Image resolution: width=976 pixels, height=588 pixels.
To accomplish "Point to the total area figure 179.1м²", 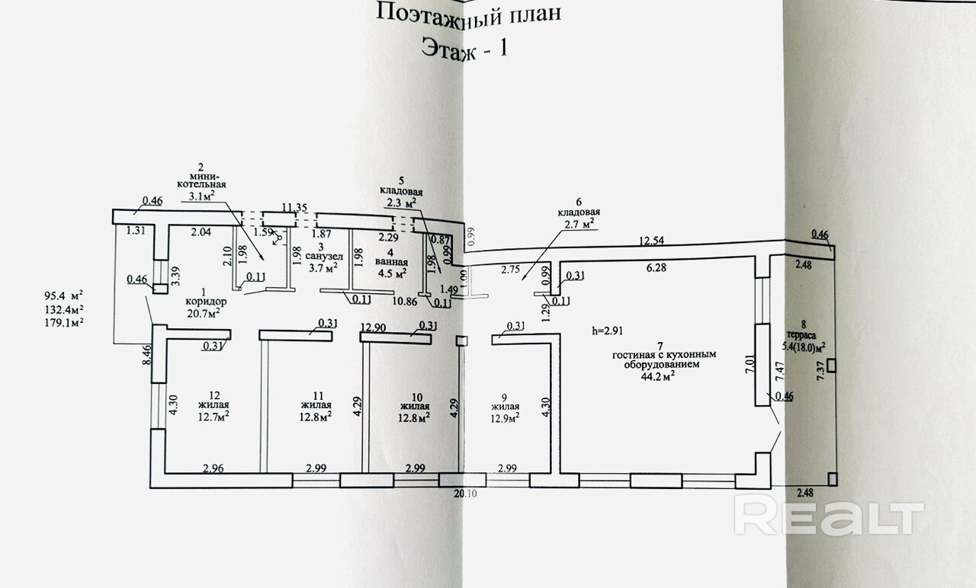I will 64,322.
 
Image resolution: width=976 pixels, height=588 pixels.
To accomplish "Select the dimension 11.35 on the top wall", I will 294,206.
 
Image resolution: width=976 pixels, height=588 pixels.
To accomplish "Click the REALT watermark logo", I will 829,518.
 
